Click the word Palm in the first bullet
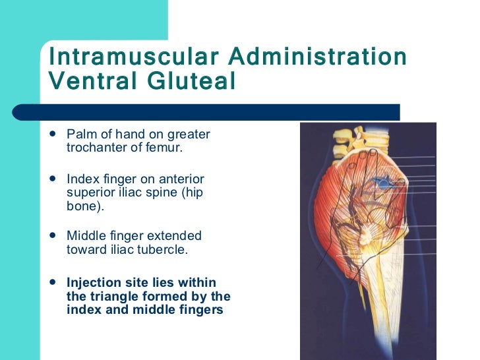[78, 135]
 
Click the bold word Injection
[94, 282]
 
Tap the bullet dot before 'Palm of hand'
[53, 135]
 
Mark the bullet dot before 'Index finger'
[53, 179]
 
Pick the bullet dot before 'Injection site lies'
[53, 282]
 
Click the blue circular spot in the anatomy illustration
[380, 181]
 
